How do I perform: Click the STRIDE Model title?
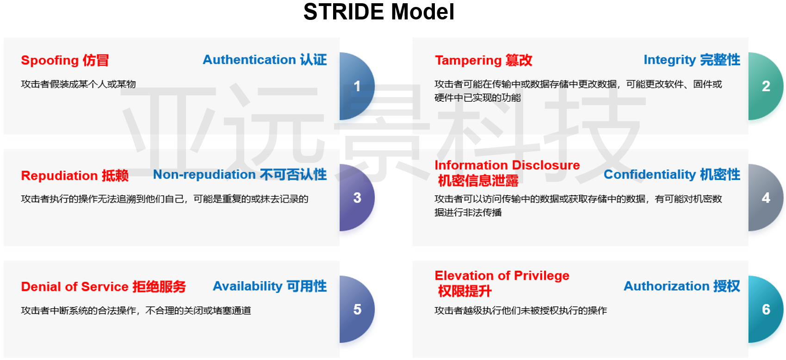[378, 12]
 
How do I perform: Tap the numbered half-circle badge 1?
[357, 87]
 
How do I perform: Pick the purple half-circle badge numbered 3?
[357, 198]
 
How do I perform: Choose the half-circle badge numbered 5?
[357, 309]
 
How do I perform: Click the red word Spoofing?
[50, 61]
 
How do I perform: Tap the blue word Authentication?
[249, 60]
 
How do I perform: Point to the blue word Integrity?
[669, 60]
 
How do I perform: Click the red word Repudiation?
[59, 175]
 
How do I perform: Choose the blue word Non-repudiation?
[204, 174]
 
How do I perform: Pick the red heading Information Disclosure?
[507, 165]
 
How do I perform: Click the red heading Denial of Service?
[75, 287]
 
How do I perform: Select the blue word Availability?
[248, 286]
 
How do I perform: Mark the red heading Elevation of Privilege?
[502, 276]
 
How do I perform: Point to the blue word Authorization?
[666, 286]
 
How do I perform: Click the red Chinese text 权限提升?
[464, 291]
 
